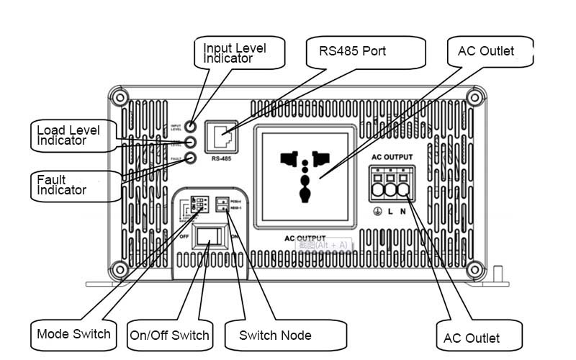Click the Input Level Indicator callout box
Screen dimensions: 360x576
tap(239, 53)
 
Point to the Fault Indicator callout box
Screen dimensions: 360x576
tap(75, 185)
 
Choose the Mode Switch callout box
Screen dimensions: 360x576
tap(74, 334)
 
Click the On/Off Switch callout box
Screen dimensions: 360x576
tap(170, 335)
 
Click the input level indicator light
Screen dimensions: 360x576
tap(192, 127)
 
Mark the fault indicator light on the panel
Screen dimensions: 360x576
tap(192, 158)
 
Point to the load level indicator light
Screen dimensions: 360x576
tap(192, 143)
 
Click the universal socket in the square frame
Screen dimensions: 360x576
tap(305, 176)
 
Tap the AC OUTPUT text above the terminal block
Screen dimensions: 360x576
tap(392, 157)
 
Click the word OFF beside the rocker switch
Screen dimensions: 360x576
tap(184, 235)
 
